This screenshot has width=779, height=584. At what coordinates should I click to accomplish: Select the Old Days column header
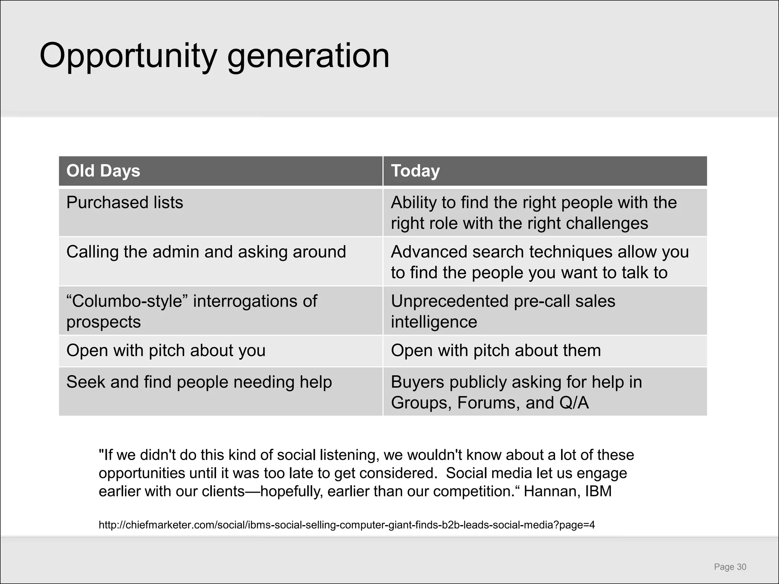point(103,171)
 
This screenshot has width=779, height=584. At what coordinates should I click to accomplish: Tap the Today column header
point(415,171)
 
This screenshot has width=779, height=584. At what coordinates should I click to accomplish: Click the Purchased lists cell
point(125,202)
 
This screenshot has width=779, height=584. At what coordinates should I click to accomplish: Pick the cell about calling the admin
point(206,252)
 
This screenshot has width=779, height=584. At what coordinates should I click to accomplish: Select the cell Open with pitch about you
point(166,350)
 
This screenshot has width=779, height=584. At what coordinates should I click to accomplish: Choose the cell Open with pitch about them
point(496,350)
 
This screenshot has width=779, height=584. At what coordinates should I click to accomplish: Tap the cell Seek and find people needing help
point(199,382)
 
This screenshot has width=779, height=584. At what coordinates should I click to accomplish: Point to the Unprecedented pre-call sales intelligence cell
point(503,311)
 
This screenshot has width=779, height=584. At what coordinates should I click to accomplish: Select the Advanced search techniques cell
point(540,262)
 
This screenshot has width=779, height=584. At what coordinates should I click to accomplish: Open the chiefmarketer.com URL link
point(347,525)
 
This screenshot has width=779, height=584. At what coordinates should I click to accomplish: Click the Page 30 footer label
point(730,567)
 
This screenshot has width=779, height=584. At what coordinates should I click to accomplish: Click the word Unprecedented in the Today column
point(449,301)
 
